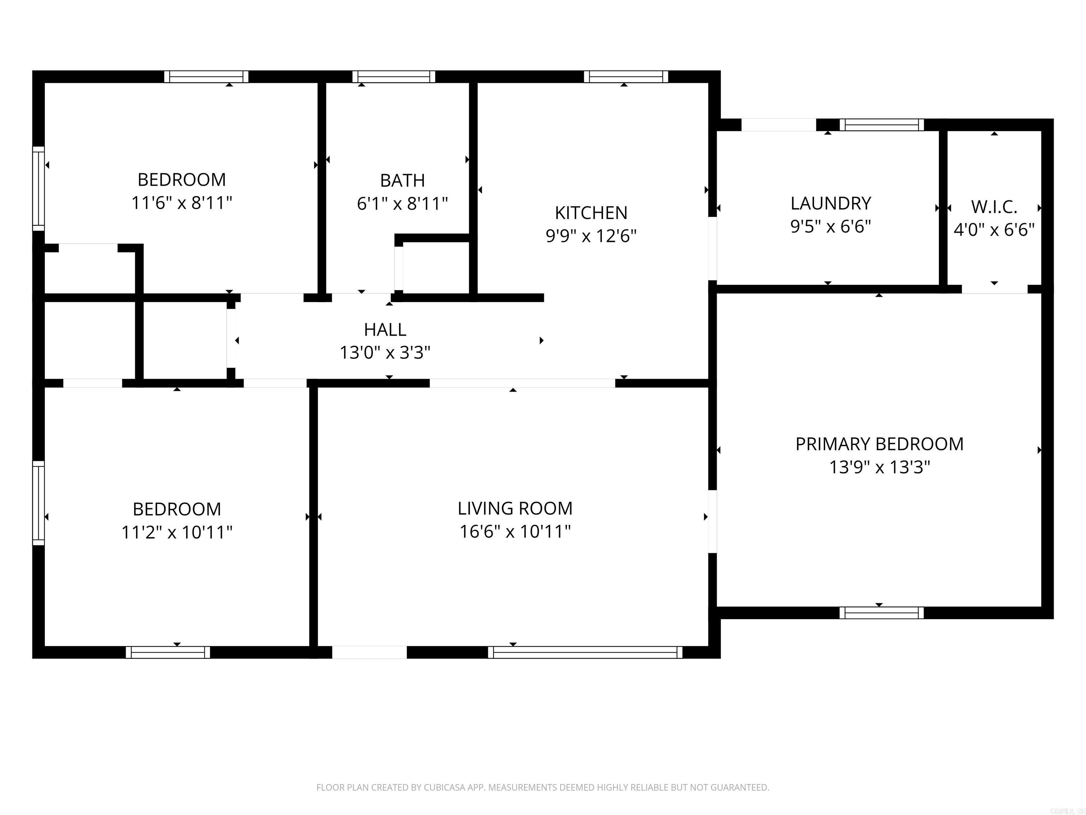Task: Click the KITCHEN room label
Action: coord(591,213)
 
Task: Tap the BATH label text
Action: coord(403,181)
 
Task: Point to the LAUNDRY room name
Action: coord(831,203)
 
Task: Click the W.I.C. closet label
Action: coord(994,207)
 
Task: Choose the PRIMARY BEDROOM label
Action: coord(879,444)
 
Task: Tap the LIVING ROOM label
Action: coord(515,508)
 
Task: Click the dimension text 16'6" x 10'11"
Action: coord(515,532)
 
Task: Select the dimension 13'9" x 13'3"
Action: coord(879,467)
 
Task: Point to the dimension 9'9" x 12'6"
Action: coord(591,236)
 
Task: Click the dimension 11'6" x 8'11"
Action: coord(182,202)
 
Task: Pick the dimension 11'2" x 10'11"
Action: coord(177,532)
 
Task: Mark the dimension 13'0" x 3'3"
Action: coord(385,353)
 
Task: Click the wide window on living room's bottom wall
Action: coord(585,652)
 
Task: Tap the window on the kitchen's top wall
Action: coord(626,77)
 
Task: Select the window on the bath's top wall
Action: coord(394,77)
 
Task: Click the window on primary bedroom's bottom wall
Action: coord(882,613)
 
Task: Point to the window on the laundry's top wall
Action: coord(882,125)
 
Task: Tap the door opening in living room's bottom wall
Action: coord(370,652)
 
